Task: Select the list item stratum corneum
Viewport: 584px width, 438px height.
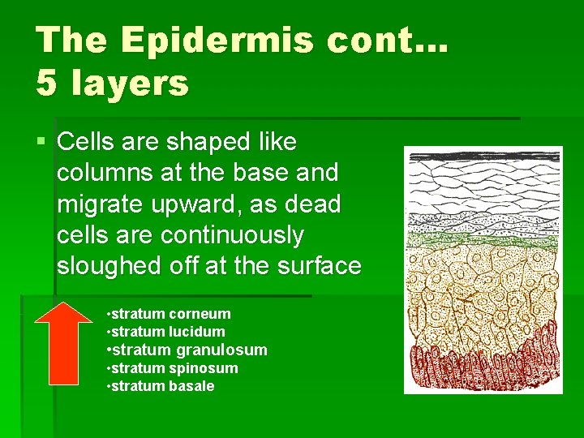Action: pos(170,314)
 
